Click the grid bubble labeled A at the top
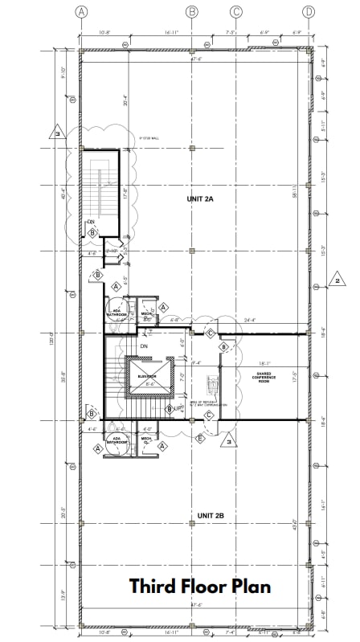click(80, 11)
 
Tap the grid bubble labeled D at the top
click(309, 11)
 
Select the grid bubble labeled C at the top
click(236, 11)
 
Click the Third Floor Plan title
click(200, 586)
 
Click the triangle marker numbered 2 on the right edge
click(338, 280)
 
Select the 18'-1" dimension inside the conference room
click(266, 362)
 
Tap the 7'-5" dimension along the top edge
click(231, 33)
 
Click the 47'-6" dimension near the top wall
click(194, 59)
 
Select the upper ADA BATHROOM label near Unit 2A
click(116, 313)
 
